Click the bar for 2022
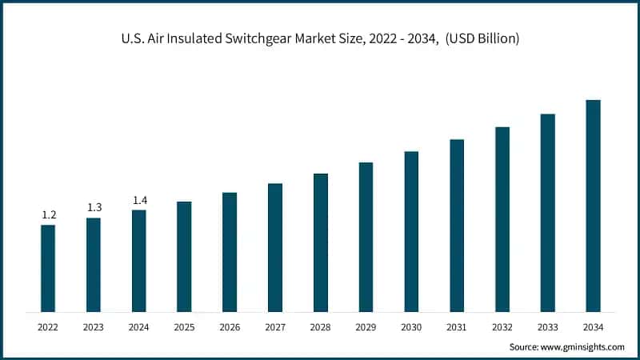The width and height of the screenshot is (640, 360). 48,268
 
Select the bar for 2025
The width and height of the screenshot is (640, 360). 184,256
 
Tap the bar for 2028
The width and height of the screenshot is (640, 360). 321,242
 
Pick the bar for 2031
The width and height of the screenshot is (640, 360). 457,225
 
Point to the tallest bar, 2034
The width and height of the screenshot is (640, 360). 593,206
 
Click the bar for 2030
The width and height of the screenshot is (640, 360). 411,231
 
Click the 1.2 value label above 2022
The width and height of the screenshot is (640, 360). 48,215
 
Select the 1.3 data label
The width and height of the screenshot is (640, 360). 94,208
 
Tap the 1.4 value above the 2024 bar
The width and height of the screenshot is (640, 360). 139,200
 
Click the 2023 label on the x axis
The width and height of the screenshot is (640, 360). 94,326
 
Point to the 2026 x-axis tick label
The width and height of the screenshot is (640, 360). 230,326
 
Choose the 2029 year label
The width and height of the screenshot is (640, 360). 366,326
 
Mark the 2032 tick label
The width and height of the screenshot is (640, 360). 502,326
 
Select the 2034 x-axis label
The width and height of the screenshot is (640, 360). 593,326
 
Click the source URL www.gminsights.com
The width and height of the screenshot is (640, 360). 582,346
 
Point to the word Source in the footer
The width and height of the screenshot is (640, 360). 525,346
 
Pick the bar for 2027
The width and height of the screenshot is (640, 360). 275,247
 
